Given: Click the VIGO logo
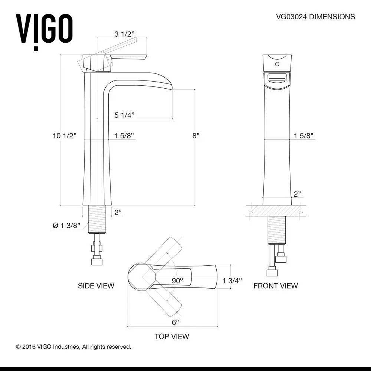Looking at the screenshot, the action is coord(44,32).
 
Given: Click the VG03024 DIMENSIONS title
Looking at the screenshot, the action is coord(315,17).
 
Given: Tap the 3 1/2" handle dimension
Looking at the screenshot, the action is coord(124,34).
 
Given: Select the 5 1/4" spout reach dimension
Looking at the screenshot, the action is coord(124,115).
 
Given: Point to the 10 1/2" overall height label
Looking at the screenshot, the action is coord(65,136).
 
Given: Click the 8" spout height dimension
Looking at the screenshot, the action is coord(196,136).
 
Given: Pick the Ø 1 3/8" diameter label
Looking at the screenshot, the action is coord(66,226).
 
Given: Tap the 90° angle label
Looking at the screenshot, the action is coord(177,280).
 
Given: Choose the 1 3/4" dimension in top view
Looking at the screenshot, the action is coord(232,280).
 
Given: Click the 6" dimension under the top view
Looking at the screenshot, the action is coord(175,322).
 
